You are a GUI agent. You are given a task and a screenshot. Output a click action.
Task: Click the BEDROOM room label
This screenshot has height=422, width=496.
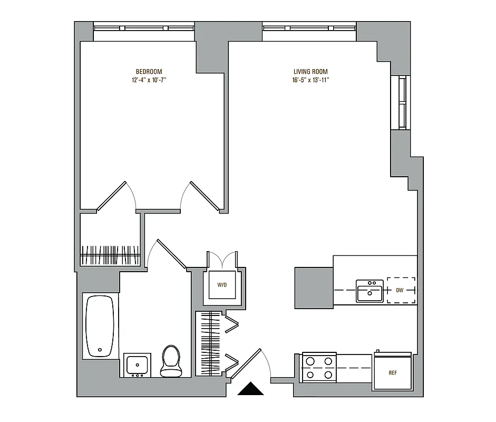coord(149,72)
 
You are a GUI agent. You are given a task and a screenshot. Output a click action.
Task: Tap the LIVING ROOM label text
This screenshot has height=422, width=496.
coord(310,72)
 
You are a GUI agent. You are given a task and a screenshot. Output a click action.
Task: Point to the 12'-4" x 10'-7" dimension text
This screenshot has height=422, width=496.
coord(149,80)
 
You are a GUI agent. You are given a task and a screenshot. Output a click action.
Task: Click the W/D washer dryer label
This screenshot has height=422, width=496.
coord(222,285)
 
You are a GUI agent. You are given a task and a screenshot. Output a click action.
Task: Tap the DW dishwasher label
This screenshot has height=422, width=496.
coord(401,290)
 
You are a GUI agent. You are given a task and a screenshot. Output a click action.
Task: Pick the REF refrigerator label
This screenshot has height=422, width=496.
coord(392,373)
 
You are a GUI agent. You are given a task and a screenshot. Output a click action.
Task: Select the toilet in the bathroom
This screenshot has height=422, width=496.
coord(170,361)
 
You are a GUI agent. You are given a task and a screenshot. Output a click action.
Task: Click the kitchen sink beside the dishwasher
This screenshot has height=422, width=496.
coord(369,291)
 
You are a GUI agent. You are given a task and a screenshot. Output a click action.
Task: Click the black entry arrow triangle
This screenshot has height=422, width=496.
coord(250,389)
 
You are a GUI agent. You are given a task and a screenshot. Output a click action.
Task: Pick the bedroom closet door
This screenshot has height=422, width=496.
coord(112,196)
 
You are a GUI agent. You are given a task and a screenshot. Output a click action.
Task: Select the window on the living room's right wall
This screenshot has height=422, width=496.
coord(403,102)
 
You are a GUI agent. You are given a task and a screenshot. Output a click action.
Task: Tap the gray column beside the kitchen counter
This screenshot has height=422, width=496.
coord(313,287)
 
